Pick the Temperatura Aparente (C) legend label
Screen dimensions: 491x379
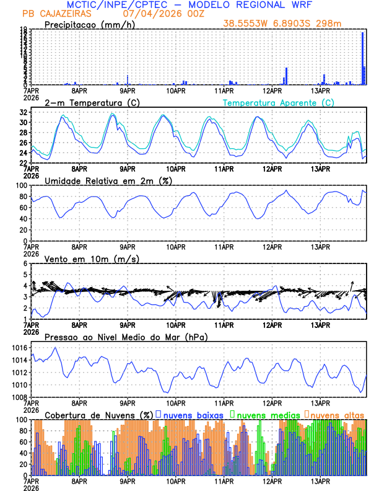[279, 102]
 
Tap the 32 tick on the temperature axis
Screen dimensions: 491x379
[22, 112]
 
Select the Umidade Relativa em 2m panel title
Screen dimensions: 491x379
[108, 180]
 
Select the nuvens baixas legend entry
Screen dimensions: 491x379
[191, 414]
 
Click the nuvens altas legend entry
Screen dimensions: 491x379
[336, 414]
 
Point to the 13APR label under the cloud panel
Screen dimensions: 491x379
[319, 481]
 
